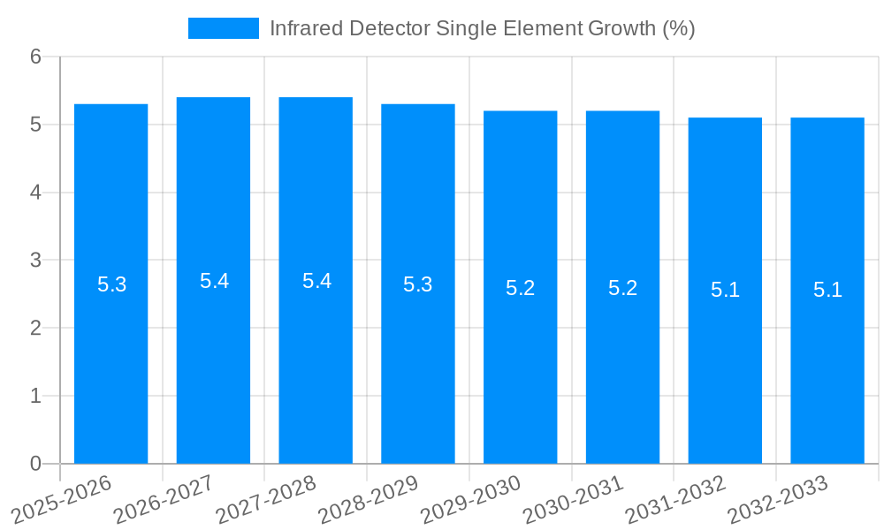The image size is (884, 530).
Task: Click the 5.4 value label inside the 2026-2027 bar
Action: coord(214,281)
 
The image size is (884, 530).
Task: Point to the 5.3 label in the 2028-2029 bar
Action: coord(418,284)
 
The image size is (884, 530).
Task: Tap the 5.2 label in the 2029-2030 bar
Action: coord(521,288)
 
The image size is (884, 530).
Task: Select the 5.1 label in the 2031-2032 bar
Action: coord(725,290)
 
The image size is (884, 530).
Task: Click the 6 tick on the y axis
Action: coord(35,57)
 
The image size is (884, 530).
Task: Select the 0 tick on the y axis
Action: coord(35,464)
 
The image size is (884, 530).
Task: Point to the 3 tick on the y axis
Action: coord(35,261)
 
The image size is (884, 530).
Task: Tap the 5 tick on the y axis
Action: coord(35,125)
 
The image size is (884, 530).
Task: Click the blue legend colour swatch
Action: coord(224,28)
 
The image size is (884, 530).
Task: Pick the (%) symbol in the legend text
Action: coord(678,28)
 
